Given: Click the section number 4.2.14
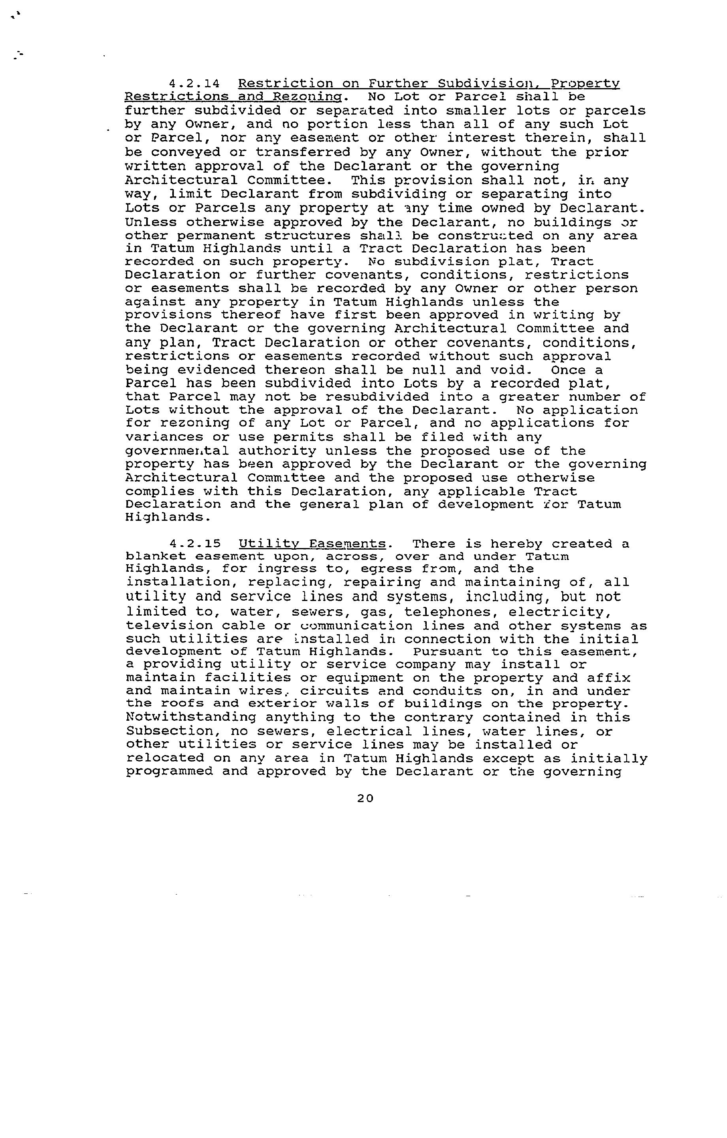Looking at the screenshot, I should pos(194,84).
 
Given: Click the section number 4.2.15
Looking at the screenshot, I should pos(194,544).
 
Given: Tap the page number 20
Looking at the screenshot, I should pos(365,798).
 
